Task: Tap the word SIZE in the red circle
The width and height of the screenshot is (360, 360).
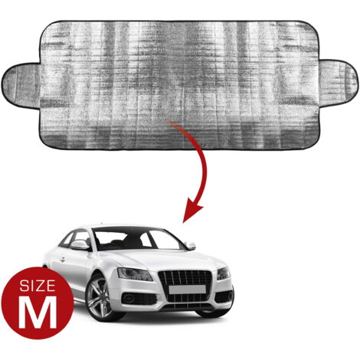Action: click(x=38, y=286)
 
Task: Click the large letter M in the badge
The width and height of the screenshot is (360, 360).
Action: click(x=38, y=313)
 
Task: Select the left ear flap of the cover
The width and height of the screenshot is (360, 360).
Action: click(x=21, y=86)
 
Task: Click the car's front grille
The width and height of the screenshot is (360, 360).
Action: click(x=185, y=283)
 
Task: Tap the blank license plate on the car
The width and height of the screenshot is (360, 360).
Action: click(x=187, y=290)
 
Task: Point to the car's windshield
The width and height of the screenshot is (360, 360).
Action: click(x=137, y=240)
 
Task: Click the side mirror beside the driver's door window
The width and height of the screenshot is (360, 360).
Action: click(x=80, y=245)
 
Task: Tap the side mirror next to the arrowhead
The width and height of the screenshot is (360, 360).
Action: click(x=191, y=245)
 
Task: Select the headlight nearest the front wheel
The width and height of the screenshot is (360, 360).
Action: click(x=135, y=274)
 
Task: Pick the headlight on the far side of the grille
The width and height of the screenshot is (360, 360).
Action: click(x=223, y=273)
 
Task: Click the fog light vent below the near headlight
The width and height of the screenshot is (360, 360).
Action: click(x=139, y=299)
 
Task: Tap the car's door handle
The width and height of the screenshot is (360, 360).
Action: click(x=62, y=260)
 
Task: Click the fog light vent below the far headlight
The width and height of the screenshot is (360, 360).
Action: click(x=224, y=296)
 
